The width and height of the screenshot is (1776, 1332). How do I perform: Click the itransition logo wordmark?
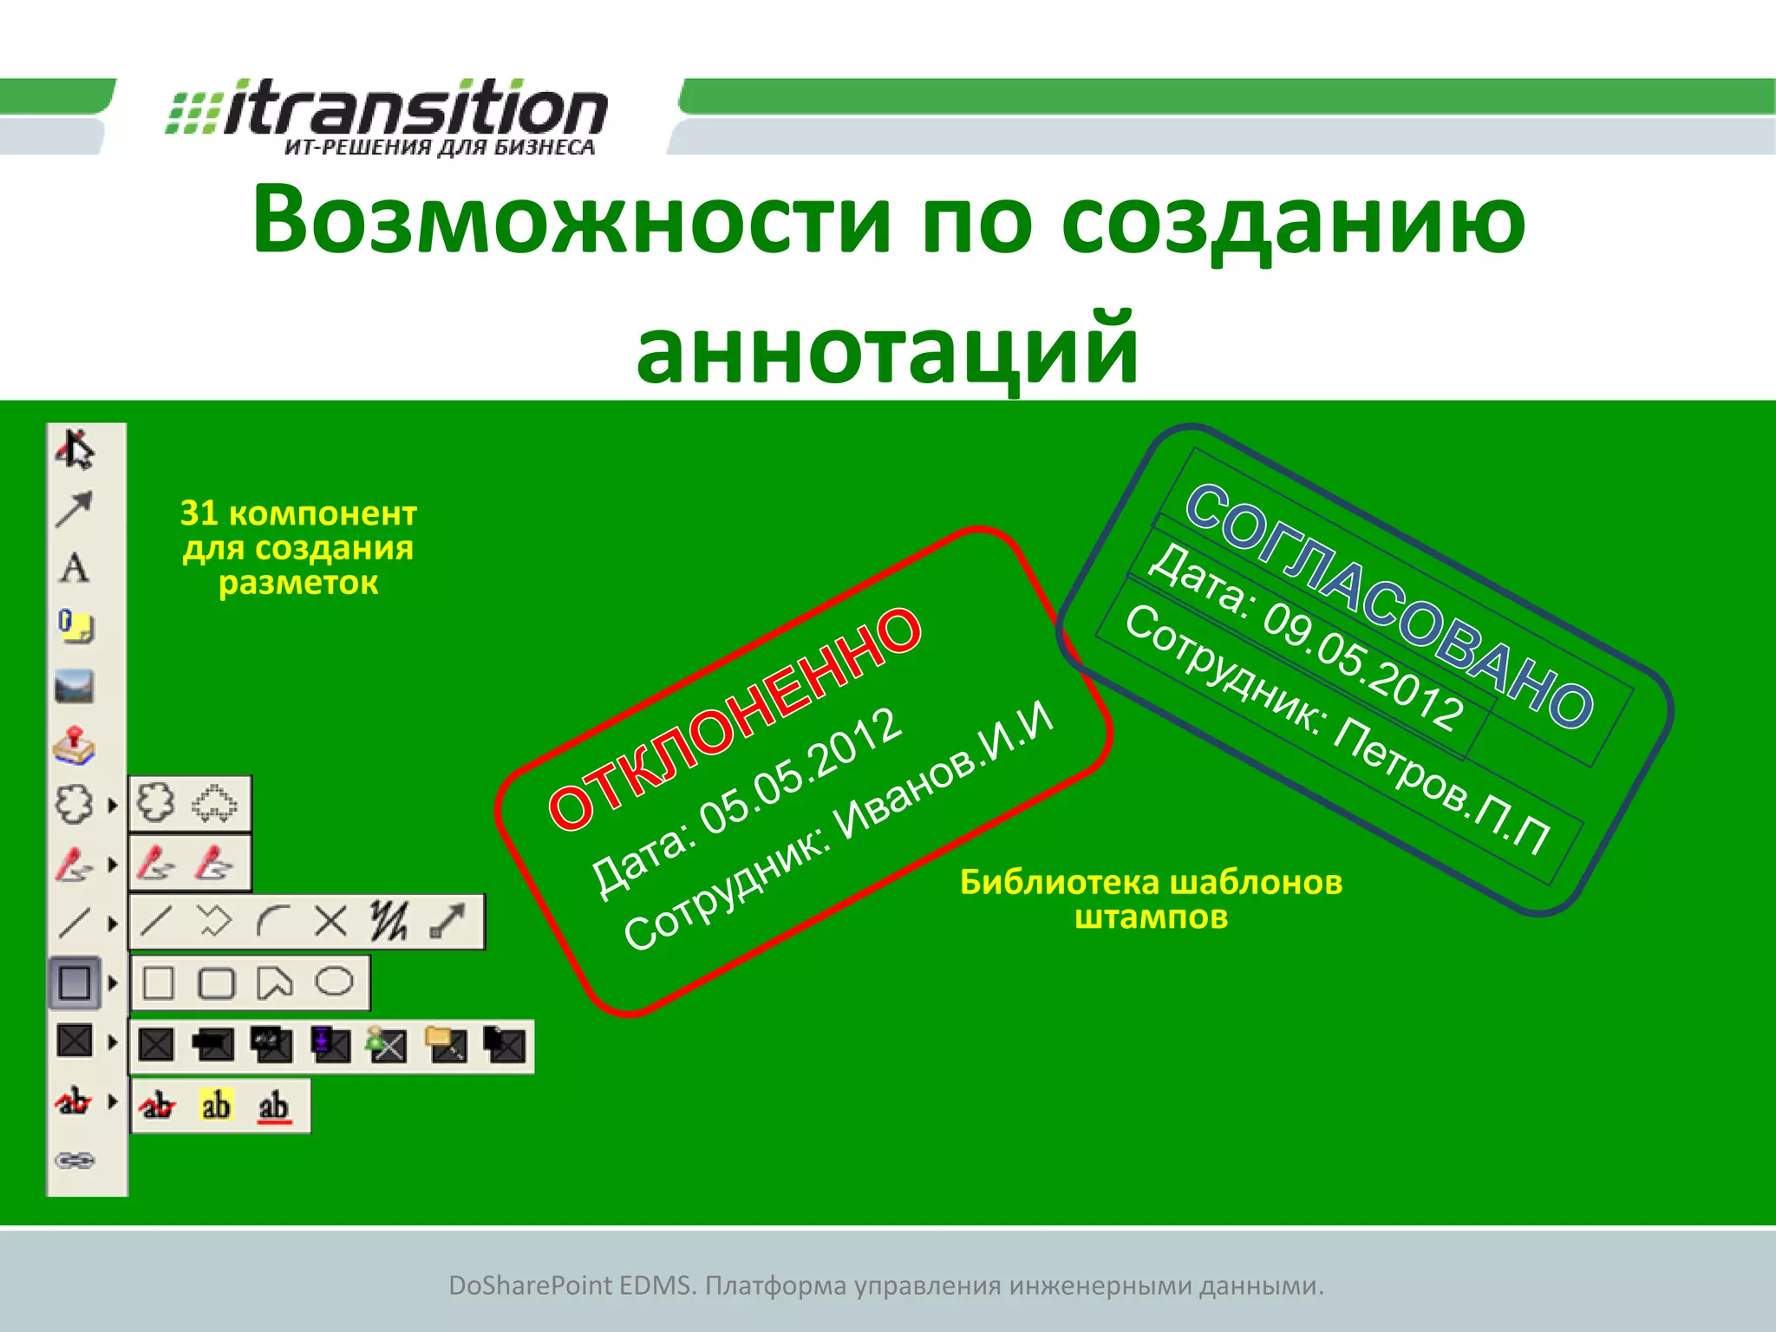point(415,111)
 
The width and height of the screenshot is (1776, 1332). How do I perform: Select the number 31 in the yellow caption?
point(199,513)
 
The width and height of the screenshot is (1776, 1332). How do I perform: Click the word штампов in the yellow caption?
point(1151,917)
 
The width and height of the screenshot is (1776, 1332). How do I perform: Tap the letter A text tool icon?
point(75,568)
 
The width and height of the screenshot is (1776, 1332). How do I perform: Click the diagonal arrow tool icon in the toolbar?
point(75,509)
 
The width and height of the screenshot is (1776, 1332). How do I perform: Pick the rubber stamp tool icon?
point(75,746)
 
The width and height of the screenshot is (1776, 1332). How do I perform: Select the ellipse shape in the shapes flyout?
point(334,982)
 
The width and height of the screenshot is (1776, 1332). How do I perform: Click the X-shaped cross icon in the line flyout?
point(330,921)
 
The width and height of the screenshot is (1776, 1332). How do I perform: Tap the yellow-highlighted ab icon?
point(216,1106)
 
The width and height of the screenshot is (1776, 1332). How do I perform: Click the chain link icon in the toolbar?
point(75,1160)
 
